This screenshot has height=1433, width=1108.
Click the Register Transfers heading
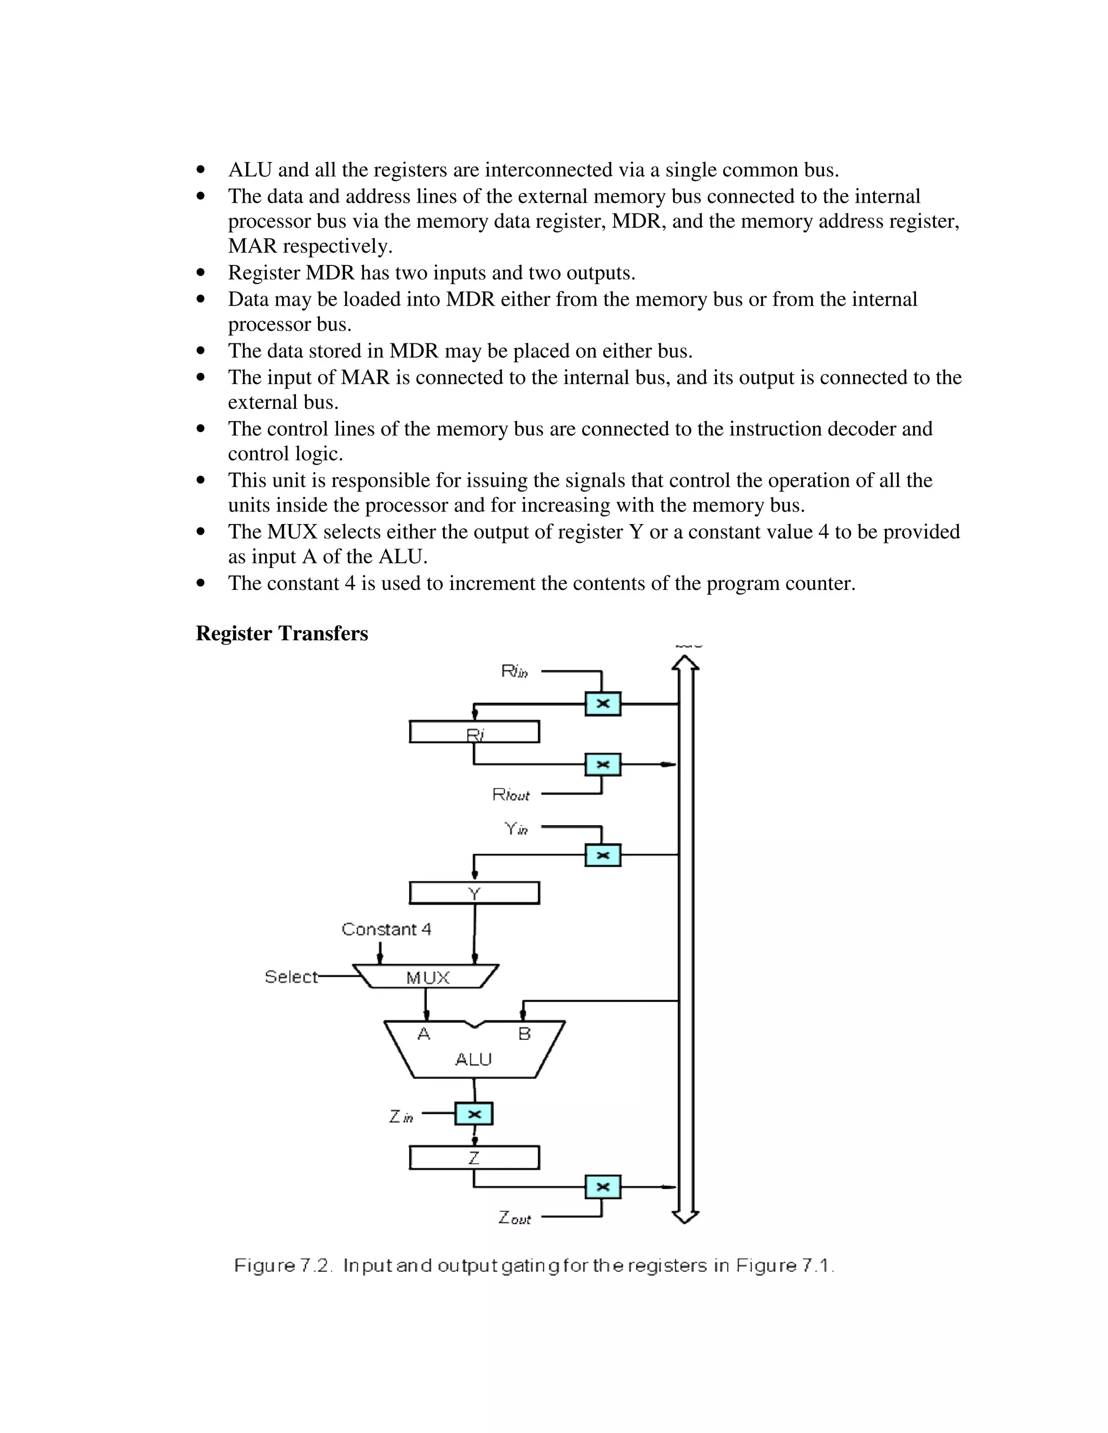click(281, 634)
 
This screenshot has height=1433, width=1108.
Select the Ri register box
click(474, 732)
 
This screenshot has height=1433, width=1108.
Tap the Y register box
click(474, 893)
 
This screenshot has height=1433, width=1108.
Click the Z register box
click(474, 1158)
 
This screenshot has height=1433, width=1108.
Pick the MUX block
click(427, 978)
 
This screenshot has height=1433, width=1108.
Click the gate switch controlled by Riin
click(603, 704)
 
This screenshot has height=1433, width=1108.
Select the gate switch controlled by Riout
click(603, 765)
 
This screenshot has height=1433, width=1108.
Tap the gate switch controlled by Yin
click(603, 855)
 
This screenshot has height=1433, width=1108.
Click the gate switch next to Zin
click(473, 1113)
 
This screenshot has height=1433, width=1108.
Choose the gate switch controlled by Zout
click(603, 1187)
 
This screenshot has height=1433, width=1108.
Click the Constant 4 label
click(386, 929)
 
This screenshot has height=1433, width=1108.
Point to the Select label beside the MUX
click(291, 977)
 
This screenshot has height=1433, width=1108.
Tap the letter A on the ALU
click(424, 1034)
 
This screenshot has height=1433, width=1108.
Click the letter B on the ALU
click(524, 1034)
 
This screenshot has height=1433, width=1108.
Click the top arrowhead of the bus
click(685, 663)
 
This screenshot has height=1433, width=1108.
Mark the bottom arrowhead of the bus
click(685, 1218)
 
